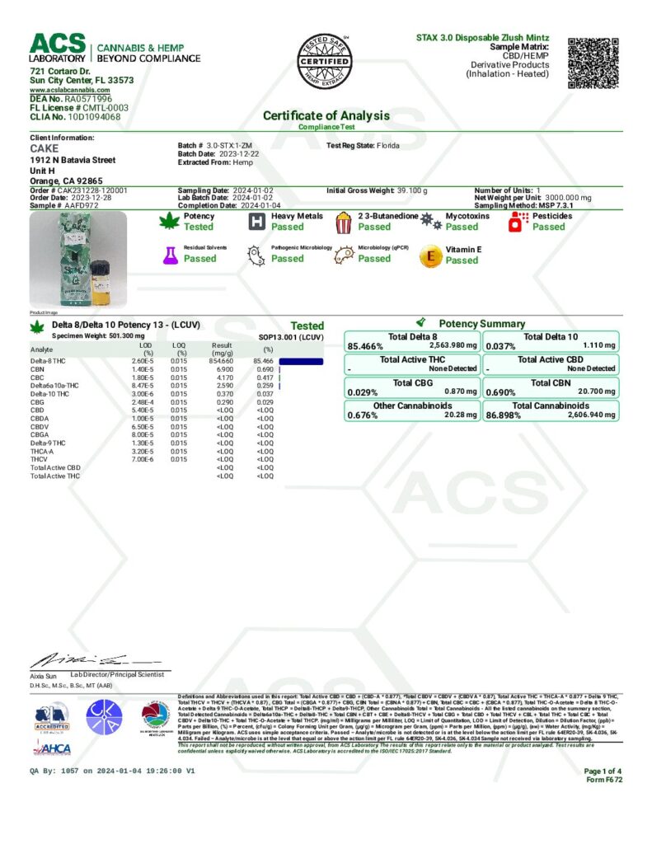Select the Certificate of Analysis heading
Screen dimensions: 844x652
tap(326, 116)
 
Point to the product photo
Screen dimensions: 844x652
tap(78, 260)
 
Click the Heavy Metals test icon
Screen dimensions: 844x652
tap(256, 221)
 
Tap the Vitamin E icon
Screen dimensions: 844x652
tap(429, 256)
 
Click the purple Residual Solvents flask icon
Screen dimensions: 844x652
tap(171, 255)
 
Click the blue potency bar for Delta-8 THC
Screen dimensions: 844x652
tap(301, 362)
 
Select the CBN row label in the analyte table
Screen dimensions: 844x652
tap(38, 369)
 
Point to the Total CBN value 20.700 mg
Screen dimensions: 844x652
tap(598, 392)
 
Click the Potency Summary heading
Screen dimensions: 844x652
tap(481, 324)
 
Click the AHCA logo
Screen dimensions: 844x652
tap(52, 748)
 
